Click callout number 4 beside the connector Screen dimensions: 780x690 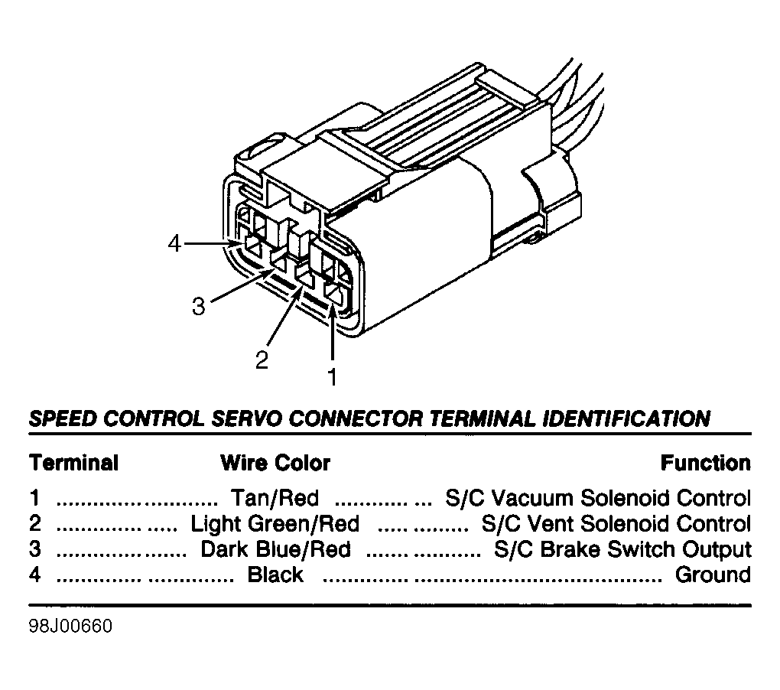coord(174,244)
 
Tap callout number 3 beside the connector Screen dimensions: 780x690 coord(199,306)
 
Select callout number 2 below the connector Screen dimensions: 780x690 coord(262,360)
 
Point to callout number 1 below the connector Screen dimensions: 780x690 coord(333,376)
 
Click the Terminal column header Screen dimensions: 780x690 coord(73,463)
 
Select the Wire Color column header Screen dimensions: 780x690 coord(275,463)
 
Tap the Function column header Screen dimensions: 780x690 coord(705,463)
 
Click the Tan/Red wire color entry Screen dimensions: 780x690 coord(275,498)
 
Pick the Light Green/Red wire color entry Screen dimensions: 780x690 coord(275,524)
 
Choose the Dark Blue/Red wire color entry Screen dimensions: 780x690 coord(275,549)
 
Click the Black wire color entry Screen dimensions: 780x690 coord(275,574)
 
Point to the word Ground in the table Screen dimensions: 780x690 coord(713,574)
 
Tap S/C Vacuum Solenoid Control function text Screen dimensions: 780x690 coord(598,498)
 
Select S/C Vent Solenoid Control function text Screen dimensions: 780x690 coord(616,524)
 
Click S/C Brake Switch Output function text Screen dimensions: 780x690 coord(622,550)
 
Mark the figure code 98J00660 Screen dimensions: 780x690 coord(70,627)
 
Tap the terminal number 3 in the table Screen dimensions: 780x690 coord(35,549)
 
